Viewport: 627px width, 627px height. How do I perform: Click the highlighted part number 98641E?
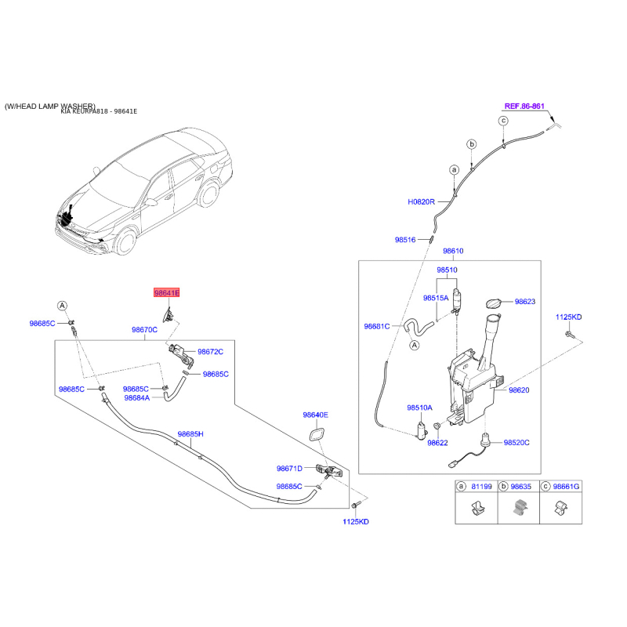tap(166, 292)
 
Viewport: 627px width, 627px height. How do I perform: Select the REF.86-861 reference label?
tap(524, 105)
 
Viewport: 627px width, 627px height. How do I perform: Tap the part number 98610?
tap(453, 252)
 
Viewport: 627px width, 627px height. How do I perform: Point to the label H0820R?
tap(421, 201)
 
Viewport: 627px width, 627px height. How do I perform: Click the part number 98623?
tap(525, 301)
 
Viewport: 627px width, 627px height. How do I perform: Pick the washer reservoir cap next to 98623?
tap(494, 303)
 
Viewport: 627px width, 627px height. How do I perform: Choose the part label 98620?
tap(520, 390)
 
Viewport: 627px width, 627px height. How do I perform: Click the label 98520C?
tap(516, 443)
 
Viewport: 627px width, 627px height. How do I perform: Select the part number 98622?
tap(437, 443)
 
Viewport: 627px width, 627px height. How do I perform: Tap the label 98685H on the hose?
tap(190, 433)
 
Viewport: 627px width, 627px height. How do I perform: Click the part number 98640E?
tap(316, 415)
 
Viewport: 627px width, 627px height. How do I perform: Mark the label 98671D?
tap(289, 469)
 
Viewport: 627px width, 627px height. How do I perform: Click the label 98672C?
tap(210, 352)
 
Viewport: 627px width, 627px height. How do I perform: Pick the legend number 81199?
tap(481, 487)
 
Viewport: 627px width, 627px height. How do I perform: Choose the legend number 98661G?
tap(566, 487)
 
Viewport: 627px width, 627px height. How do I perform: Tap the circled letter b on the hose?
tap(472, 144)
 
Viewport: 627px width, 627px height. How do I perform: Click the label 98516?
tap(406, 240)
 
